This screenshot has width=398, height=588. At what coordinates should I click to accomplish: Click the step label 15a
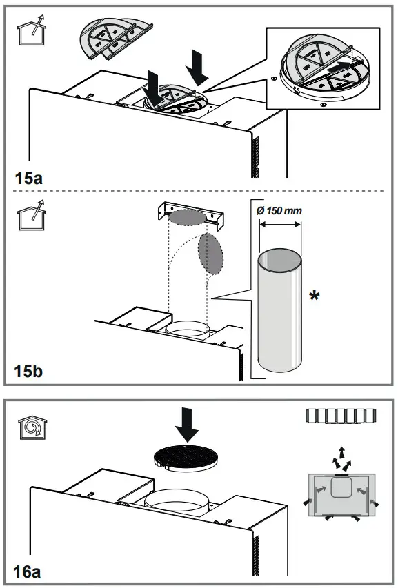[29, 178]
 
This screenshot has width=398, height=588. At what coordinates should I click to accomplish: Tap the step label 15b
[29, 372]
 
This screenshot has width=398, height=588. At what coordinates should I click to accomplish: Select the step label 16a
[29, 571]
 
